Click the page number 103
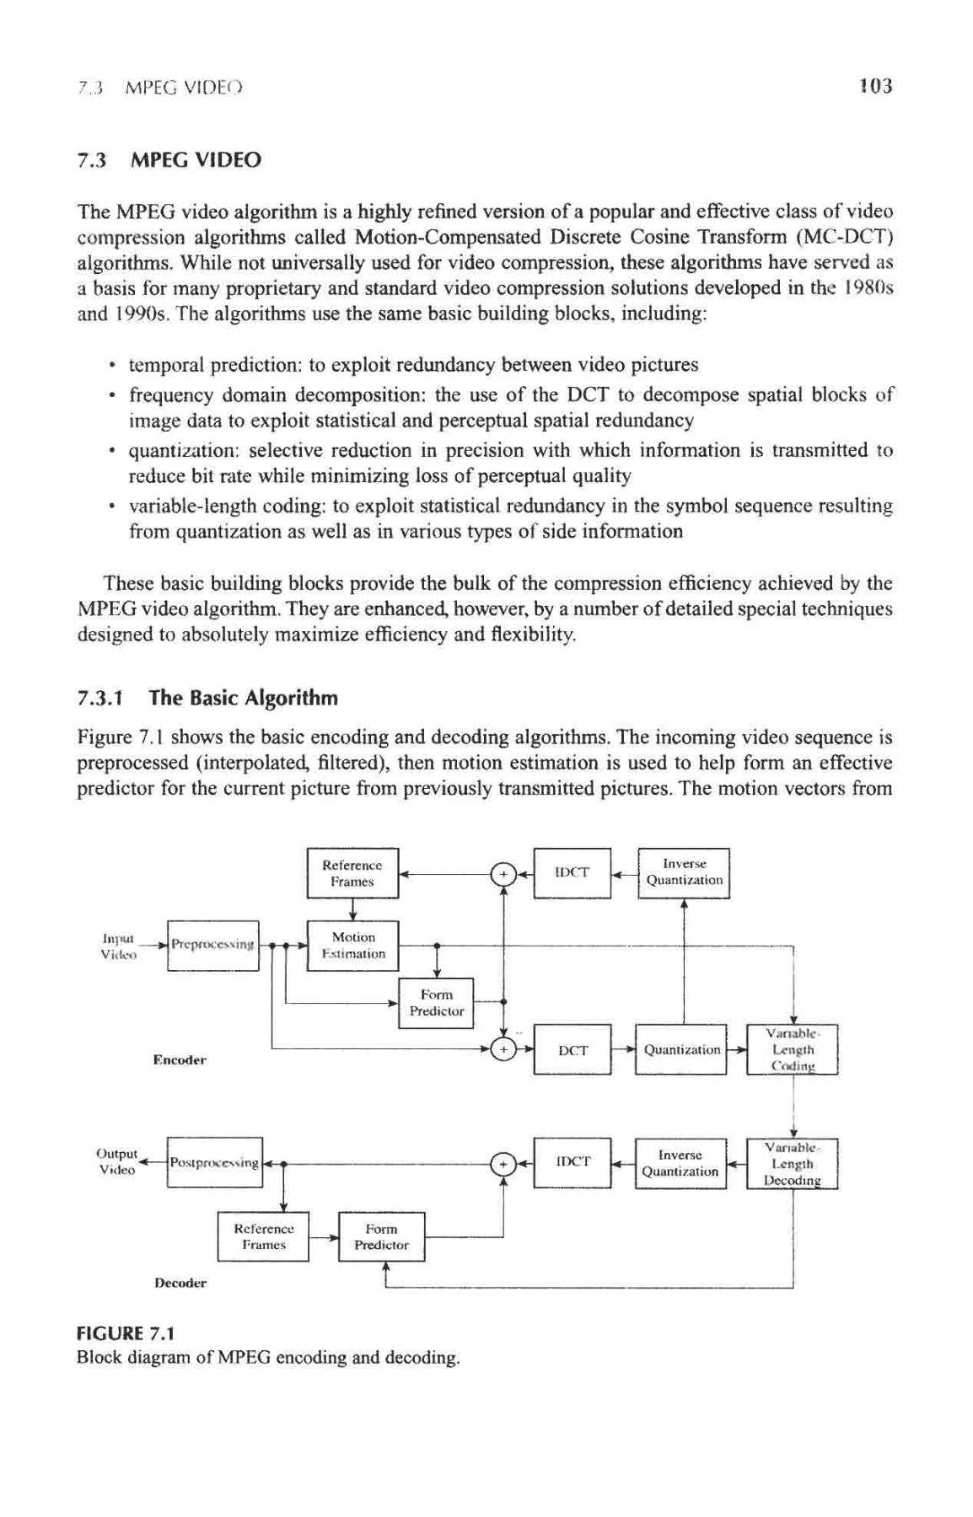(875, 86)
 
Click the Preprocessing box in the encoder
(213, 946)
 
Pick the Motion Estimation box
(352, 946)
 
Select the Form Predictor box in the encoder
(436, 1003)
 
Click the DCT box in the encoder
(573, 1050)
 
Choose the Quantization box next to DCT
(681, 1050)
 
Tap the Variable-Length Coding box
(793, 1050)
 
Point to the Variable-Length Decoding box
(793, 1164)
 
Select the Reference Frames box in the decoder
(264, 1236)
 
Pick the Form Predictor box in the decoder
(381, 1236)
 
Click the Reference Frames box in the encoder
(352, 873)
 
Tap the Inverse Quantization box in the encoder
(684, 873)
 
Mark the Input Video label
(117, 946)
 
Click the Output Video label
(117, 1161)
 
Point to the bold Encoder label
(179, 1059)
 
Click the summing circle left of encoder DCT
(503, 1050)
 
